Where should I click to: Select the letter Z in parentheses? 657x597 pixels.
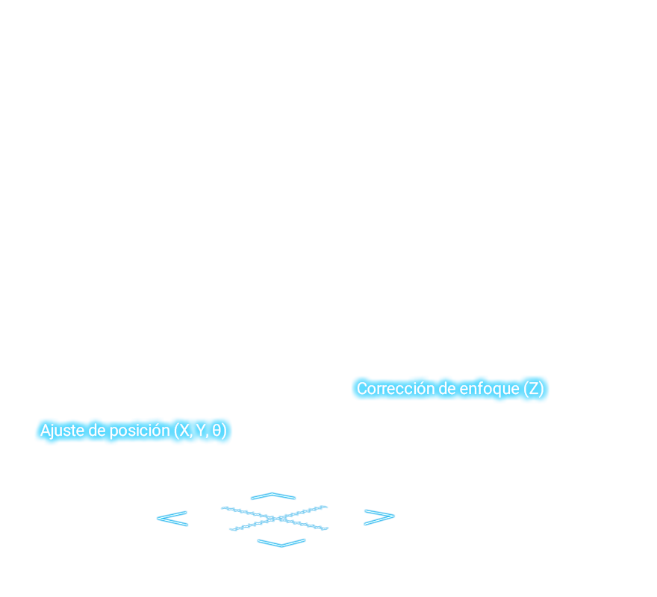click(534, 388)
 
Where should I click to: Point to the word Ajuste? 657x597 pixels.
click(63, 431)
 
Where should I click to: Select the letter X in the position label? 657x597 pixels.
click(184, 431)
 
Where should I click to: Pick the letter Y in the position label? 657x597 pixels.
click(201, 431)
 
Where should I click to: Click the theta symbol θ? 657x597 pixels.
click(217, 431)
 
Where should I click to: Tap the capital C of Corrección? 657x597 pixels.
click(362, 388)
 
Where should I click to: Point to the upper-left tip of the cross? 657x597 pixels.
click(222, 508)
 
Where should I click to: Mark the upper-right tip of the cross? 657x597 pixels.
click(326, 507)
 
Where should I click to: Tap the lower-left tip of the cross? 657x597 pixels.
click(231, 530)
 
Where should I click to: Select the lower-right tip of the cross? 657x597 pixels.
click(326, 528)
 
